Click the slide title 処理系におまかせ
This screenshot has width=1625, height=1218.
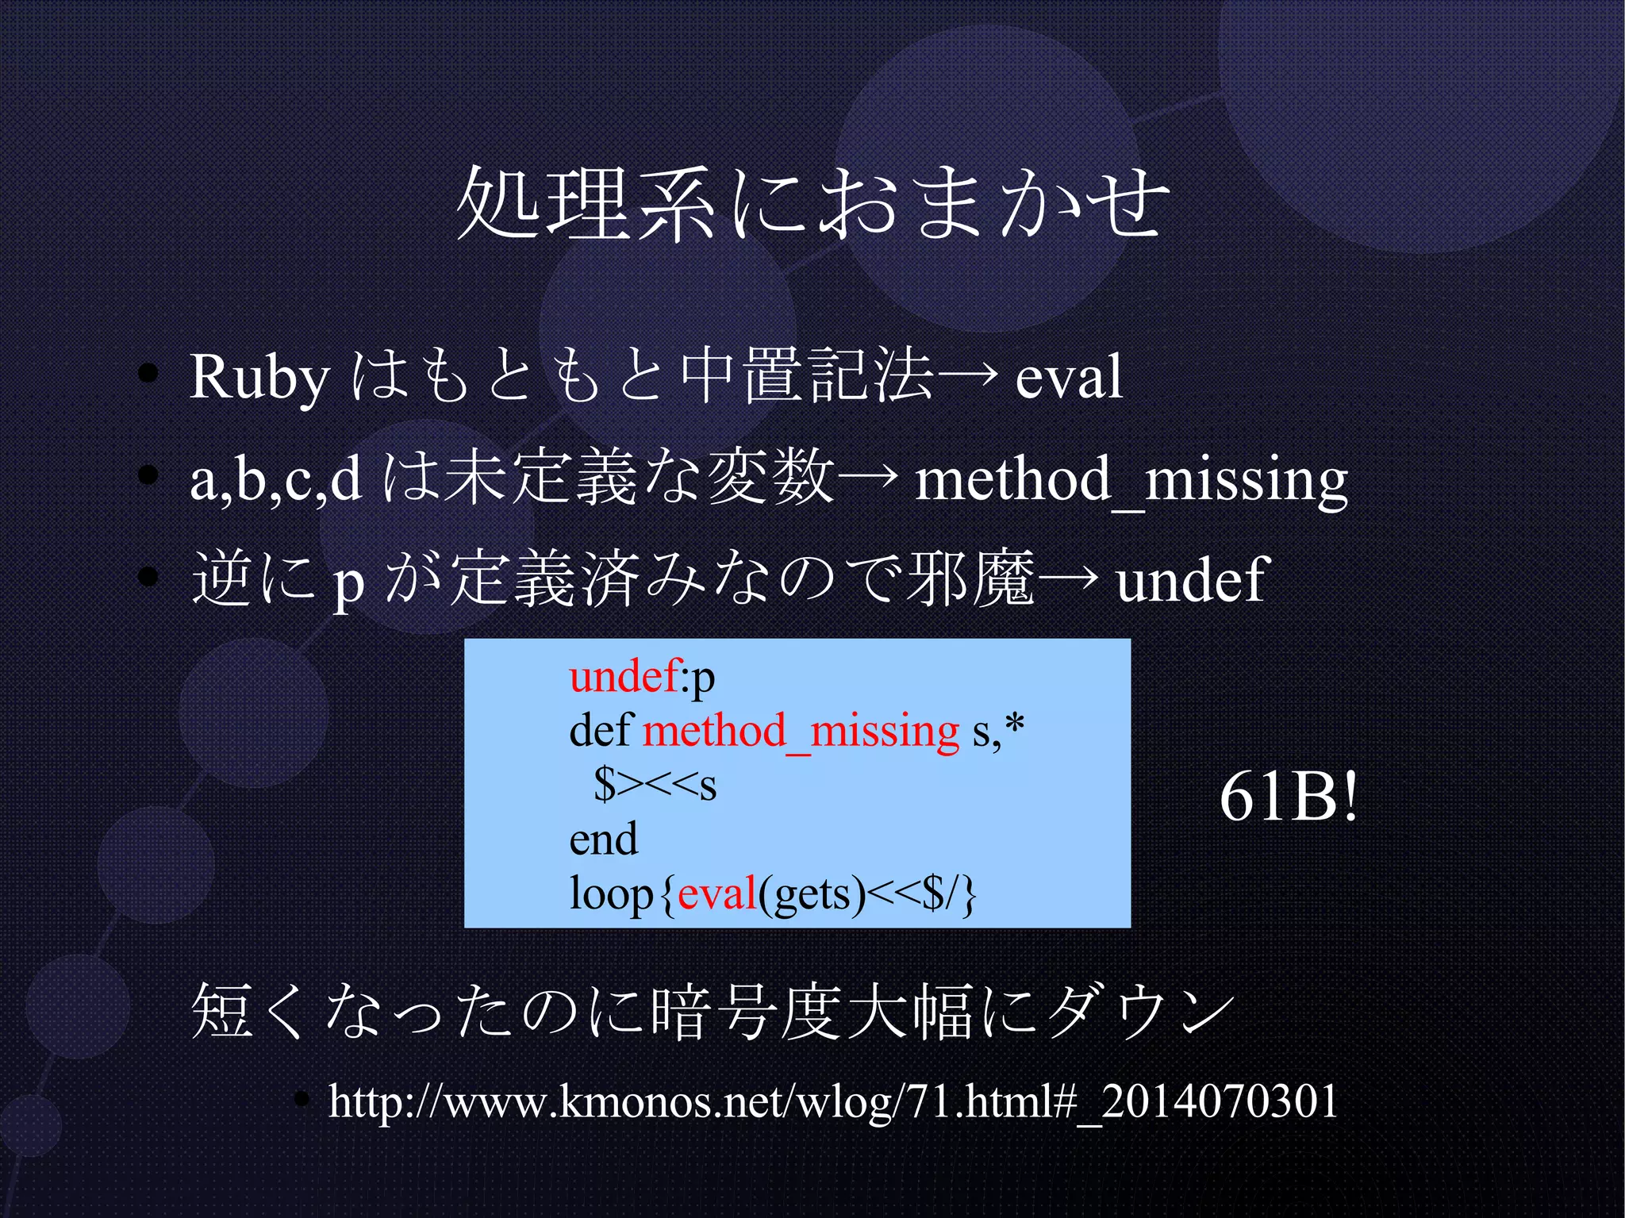click(x=812, y=203)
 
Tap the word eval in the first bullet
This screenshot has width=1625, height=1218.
click(x=1069, y=378)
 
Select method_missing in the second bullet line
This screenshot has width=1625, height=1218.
click(x=1131, y=481)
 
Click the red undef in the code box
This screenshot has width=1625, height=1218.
click(x=624, y=677)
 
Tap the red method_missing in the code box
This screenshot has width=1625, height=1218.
click(x=801, y=731)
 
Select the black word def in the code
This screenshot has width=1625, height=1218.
click(x=600, y=731)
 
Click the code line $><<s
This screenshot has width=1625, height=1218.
click(x=655, y=785)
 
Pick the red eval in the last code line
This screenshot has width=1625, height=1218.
click(x=716, y=894)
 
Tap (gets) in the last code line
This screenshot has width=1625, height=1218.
click(x=811, y=894)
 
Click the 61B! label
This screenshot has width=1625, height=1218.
click(x=1289, y=797)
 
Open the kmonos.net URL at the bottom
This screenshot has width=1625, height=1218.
click(x=833, y=1101)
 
